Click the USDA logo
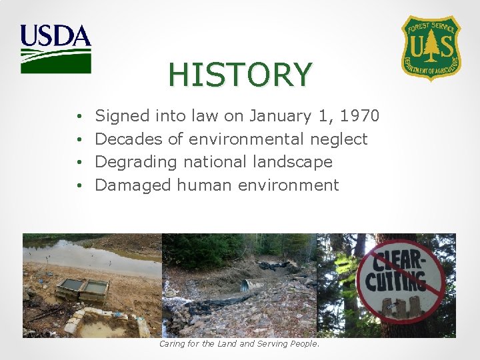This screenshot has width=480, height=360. [55, 49]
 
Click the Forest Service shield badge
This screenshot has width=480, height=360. [431, 47]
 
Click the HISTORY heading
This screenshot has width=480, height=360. [240, 75]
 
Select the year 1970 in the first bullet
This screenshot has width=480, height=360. [359, 116]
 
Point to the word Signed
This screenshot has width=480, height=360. [123, 116]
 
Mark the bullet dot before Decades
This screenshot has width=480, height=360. [79, 139]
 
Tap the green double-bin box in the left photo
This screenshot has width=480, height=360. [82, 289]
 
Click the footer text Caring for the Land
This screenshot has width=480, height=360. [239, 344]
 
